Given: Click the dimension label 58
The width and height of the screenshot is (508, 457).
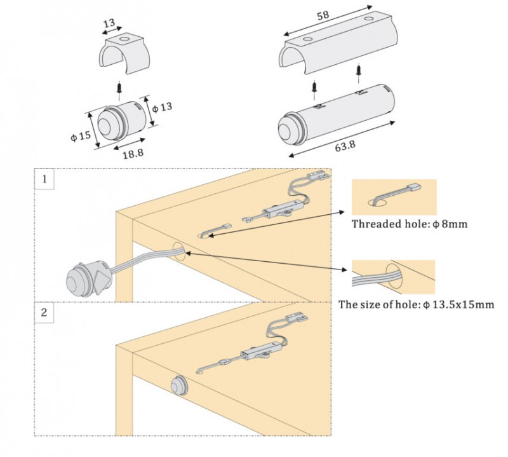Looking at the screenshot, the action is point(323,15).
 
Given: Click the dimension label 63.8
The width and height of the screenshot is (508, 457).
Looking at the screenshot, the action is point(345,146).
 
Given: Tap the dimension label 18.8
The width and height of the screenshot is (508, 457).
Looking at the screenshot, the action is point(133,153).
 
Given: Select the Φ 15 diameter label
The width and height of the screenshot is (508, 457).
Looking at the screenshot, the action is point(81,135).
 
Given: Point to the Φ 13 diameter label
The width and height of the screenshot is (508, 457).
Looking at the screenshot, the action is point(162,107).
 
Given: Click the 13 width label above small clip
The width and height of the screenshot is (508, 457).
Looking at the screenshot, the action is point(109,23).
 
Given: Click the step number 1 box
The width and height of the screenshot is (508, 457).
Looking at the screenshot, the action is point(44,179).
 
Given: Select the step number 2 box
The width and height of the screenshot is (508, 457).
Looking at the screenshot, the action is point(44,313).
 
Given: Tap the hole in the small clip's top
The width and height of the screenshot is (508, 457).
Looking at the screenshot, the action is point(123,41).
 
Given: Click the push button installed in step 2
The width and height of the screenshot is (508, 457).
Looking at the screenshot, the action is point(178,385).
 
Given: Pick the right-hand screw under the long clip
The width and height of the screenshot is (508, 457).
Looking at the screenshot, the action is point(359,72).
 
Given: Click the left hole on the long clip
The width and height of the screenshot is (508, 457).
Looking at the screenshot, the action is point(307,39).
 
